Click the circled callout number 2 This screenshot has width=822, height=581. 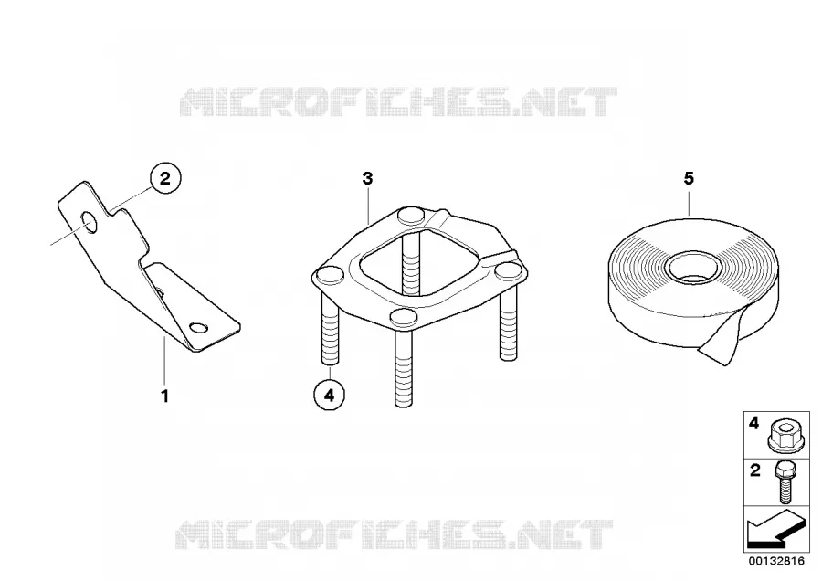(165, 178)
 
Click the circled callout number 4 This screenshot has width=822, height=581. (329, 395)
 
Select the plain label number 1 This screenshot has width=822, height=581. (164, 396)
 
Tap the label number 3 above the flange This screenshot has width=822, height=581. (367, 179)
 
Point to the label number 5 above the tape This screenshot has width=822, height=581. (689, 179)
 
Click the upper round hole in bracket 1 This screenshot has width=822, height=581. (90, 223)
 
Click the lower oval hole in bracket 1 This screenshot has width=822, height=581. (199, 328)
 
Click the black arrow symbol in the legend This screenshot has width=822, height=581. (775, 530)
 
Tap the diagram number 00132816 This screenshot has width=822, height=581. (775, 561)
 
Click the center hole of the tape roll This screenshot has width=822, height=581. (693, 267)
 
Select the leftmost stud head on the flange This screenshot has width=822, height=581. (329, 274)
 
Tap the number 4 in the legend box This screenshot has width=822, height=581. (753, 423)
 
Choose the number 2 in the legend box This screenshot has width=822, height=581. (755, 470)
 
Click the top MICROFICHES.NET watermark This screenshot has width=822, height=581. (398, 101)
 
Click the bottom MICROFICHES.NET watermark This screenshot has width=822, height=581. (395, 534)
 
